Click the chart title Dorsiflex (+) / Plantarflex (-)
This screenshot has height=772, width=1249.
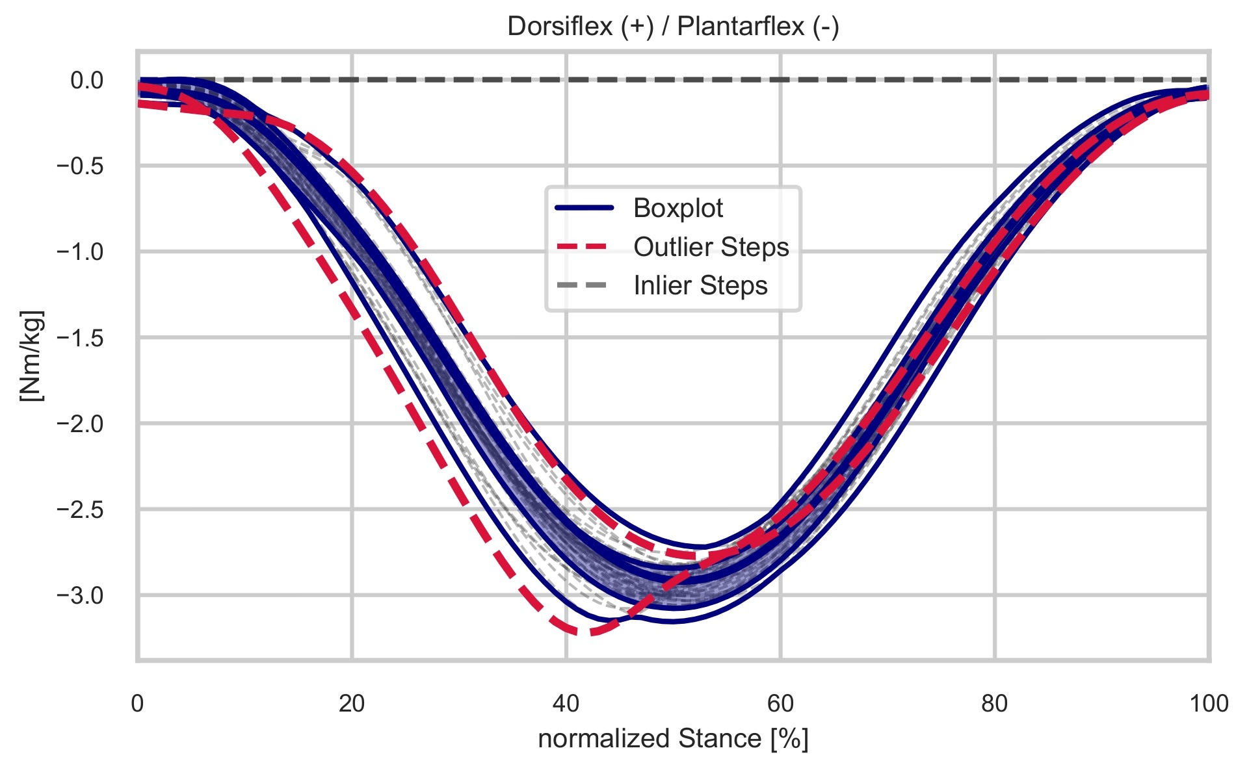(x=673, y=27)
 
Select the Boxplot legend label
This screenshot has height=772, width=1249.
(x=677, y=209)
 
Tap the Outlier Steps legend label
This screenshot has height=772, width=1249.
(x=711, y=248)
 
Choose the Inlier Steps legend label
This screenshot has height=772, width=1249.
(x=700, y=286)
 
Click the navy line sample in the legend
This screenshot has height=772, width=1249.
(x=583, y=209)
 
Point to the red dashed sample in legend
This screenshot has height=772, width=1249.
(x=583, y=248)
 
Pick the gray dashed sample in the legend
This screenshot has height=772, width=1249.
(x=583, y=286)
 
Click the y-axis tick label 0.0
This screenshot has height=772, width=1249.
(x=87, y=81)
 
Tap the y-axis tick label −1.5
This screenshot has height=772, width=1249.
(x=81, y=338)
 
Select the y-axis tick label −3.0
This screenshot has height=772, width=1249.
(x=81, y=595)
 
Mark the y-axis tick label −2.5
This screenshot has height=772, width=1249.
(x=81, y=509)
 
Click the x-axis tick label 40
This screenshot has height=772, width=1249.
(x=566, y=704)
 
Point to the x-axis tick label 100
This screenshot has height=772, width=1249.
(x=1208, y=704)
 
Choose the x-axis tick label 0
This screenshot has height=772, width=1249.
(x=137, y=704)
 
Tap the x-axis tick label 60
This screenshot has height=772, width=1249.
(x=780, y=704)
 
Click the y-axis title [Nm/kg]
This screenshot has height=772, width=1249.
(x=31, y=355)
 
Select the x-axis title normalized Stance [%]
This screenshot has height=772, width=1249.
(x=673, y=740)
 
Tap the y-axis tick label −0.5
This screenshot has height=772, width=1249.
(x=81, y=166)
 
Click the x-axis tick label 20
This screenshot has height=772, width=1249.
(x=352, y=704)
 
